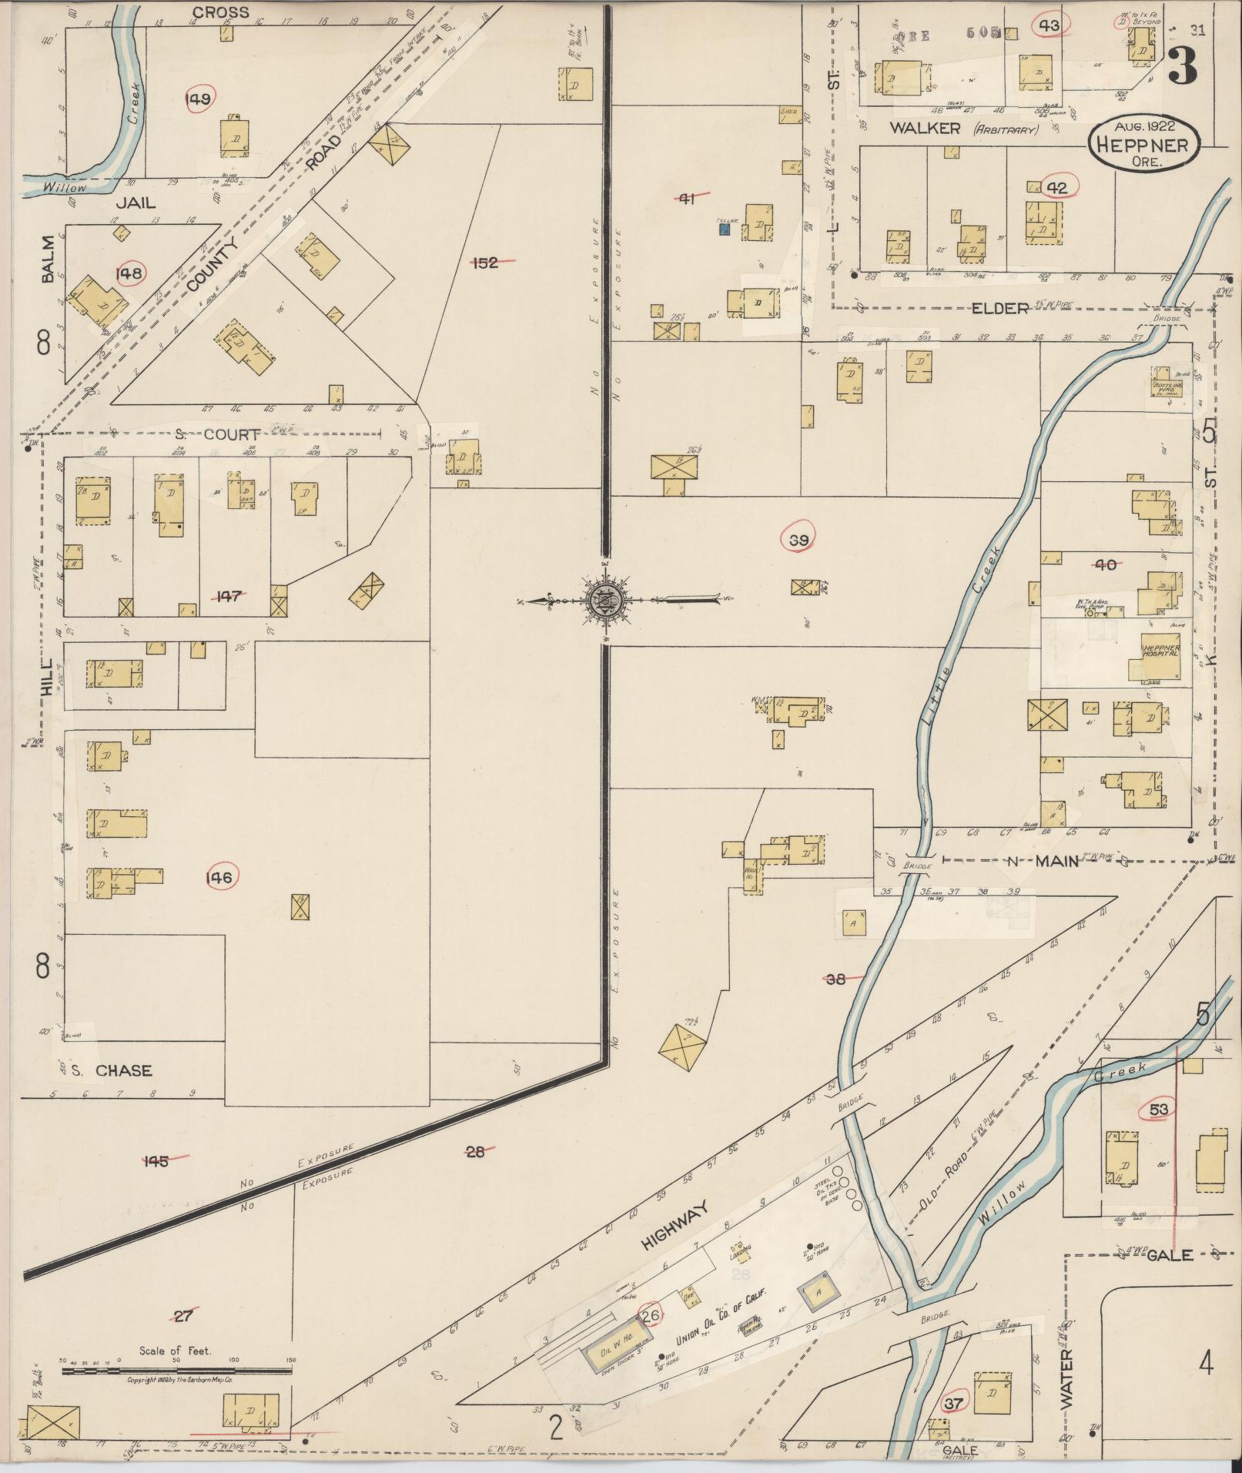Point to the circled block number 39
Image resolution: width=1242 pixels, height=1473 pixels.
coord(798,541)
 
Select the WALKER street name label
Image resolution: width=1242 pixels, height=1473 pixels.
coord(925,129)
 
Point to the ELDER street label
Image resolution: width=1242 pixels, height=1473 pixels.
coord(1000,309)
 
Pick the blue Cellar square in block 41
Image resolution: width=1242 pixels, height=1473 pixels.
coord(724,228)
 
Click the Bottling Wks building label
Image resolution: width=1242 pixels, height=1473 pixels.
coord(1168,387)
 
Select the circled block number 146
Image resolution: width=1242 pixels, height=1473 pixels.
coord(223,877)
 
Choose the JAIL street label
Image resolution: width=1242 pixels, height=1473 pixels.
coord(136,203)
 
